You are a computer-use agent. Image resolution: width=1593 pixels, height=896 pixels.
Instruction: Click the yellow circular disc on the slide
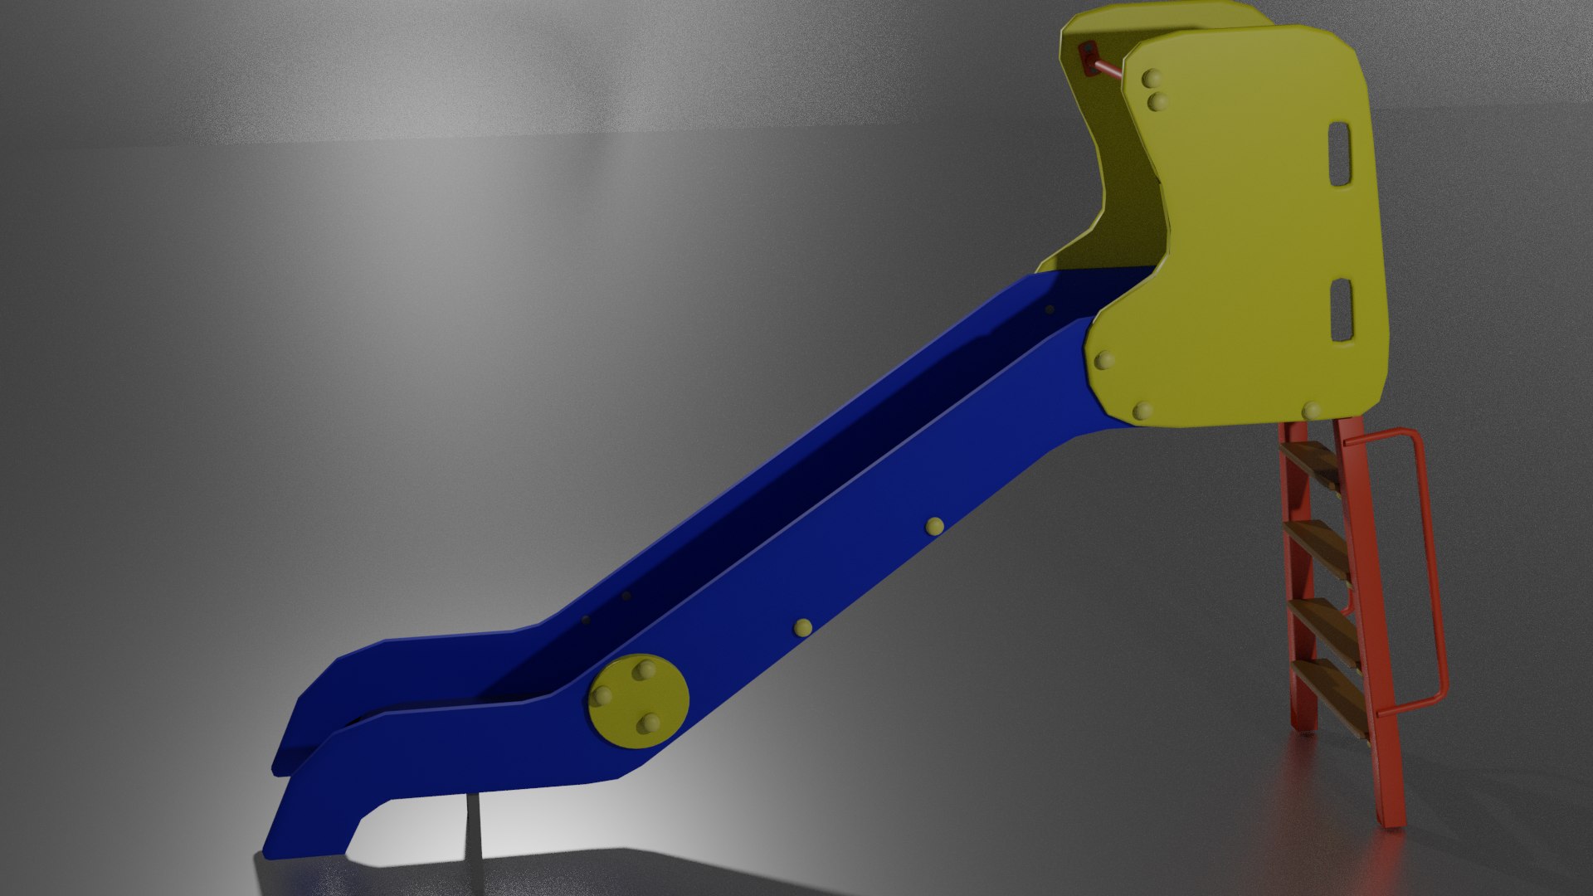point(639,701)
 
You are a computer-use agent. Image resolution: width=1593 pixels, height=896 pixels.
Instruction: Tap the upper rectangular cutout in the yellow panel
point(1340,154)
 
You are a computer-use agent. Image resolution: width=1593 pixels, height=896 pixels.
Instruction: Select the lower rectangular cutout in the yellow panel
point(1342,310)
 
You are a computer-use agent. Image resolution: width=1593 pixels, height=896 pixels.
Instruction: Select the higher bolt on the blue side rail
point(935,525)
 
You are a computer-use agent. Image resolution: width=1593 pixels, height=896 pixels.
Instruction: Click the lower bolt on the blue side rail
point(802,627)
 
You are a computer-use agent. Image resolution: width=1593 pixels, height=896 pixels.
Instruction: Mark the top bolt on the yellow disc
point(644,670)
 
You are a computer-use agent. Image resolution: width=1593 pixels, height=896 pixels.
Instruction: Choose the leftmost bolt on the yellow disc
point(603,695)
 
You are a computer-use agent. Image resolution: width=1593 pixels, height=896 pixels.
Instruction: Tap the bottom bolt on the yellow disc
point(648,724)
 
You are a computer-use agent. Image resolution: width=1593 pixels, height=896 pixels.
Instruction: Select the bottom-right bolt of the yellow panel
point(1311,411)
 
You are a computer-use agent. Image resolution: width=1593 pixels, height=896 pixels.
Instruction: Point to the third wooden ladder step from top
point(1326,626)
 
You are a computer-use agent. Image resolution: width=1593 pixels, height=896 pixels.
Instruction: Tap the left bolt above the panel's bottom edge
point(1143,410)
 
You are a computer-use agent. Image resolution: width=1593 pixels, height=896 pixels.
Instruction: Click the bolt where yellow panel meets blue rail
point(1104,361)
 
